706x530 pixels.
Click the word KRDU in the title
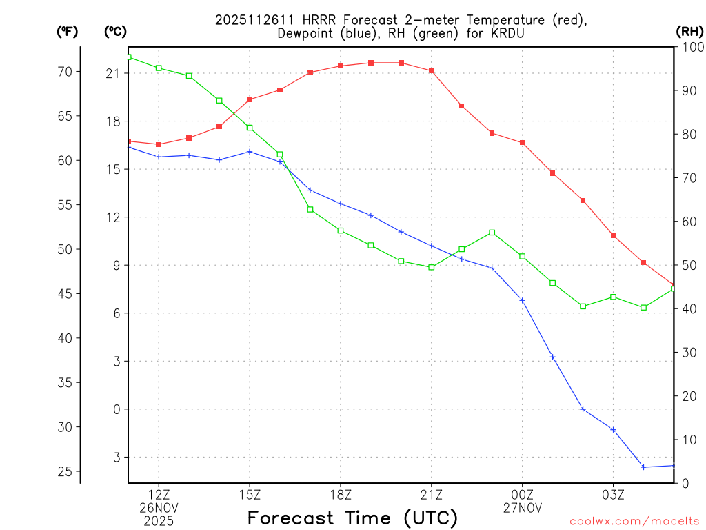[x=510, y=33]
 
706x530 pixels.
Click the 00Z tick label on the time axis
[x=522, y=494]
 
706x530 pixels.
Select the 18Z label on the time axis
[x=341, y=494]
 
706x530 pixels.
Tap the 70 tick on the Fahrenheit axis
[x=65, y=72]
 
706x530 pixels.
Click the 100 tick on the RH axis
[x=689, y=47]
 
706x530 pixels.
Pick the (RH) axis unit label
[x=689, y=31]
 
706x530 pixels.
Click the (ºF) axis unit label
[x=68, y=31]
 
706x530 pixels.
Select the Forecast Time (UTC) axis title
[x=352, y=517]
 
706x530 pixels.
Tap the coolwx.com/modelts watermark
[x=634, y=521]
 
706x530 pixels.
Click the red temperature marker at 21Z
[x=432, y=70]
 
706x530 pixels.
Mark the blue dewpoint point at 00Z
[x=522, y=300]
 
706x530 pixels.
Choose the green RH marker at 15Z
[x=250, y=128]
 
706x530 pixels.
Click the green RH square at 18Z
[x=341, y=230]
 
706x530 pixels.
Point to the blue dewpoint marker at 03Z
[x=613, y=430]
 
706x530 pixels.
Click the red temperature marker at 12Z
[x=159, y=144]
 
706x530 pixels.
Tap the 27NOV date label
[x=522, y=507]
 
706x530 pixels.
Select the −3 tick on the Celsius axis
[x=112, y=458]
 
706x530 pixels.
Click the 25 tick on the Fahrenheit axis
[x=65, y=471]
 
